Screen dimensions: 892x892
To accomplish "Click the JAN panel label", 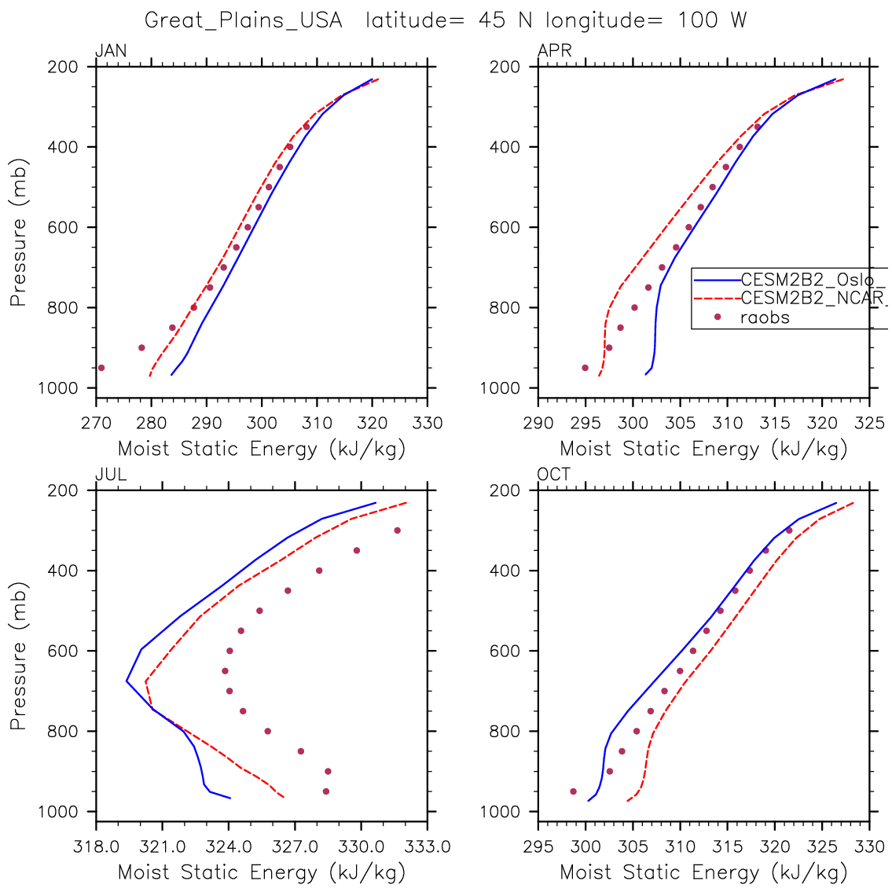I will click(111, 52).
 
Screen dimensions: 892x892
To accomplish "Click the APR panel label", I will click(554, 52).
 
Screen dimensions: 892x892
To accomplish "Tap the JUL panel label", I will click(111, 475).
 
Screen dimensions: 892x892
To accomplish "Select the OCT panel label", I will click(554, 475).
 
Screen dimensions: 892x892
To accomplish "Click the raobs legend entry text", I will click(765, 318).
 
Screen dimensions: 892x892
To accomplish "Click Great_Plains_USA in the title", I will click(244, 20).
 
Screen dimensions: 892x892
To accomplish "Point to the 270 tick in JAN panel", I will click(96, 424).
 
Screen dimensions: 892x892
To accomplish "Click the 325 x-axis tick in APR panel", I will click(869, 424).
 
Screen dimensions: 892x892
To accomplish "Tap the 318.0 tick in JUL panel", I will click(96, 847).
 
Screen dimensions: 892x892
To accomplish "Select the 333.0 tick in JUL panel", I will click(428, 847).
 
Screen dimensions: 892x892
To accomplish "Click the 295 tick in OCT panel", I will click(538, 847).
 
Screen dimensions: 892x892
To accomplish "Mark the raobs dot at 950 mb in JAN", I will click(101, 368).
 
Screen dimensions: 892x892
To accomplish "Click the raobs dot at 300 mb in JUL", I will click(397, 530).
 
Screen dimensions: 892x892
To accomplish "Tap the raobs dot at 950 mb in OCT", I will click(573, 791).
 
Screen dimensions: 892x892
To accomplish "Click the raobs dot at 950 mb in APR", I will click(585, 368).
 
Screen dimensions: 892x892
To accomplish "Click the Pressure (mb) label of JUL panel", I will click(19, 656).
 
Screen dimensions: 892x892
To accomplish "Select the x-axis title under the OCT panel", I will click(703, 872).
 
